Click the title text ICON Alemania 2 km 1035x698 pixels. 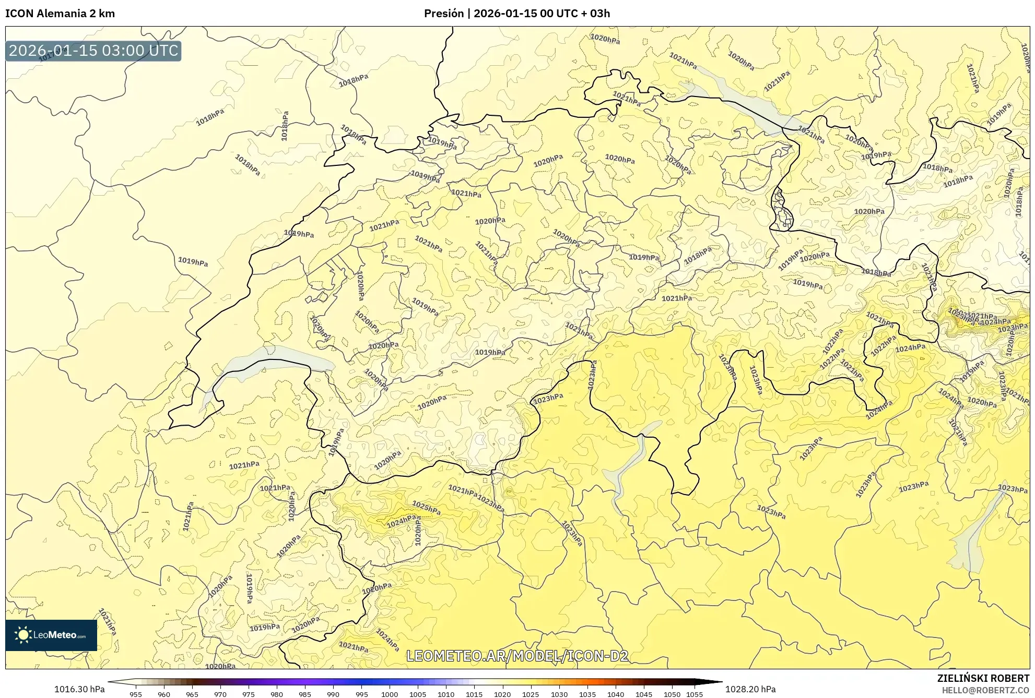point(60,14)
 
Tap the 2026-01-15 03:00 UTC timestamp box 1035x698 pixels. point(93,51)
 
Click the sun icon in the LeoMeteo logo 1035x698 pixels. point(23,635)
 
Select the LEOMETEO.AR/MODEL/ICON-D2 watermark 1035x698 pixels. point(517,656)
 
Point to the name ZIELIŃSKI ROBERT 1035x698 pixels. point(983,678)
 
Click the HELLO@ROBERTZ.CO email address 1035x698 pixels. point(985,690)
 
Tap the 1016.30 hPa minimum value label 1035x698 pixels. point(79,689)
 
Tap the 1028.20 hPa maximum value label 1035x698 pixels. point(750,689)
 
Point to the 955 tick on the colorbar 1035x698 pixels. point(136,694)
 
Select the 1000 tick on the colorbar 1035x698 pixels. point(390,694)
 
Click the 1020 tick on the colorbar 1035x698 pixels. point(502,694)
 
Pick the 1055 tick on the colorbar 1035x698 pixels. point(695,694)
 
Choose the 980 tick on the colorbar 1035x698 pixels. point(277,694)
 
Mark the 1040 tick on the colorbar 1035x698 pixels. point(616,694)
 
